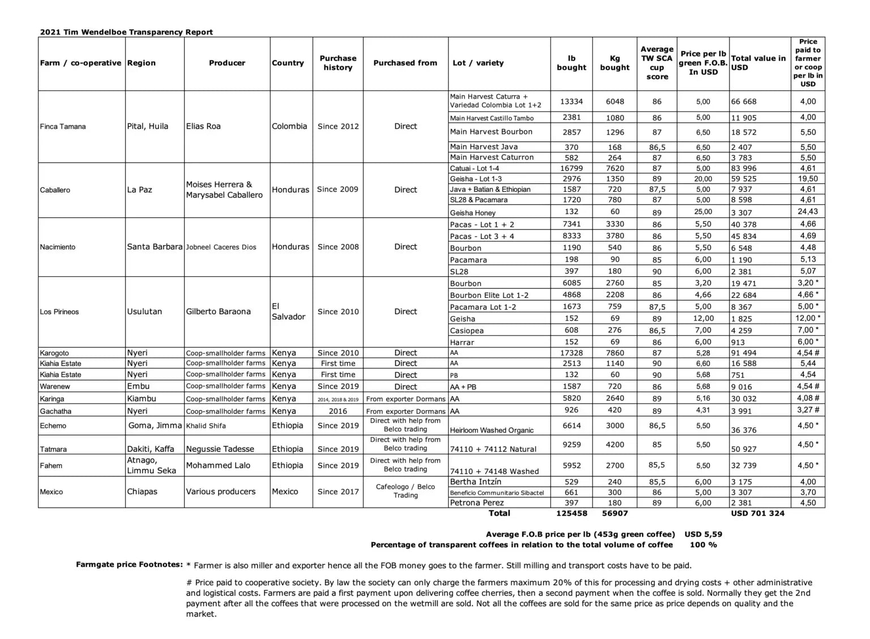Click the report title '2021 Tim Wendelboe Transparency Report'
pyautogui.click(x=126, y=32)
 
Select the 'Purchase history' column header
pyautogui.click(x=338, y=63)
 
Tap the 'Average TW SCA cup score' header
pyautogui.click(x=656, y=63)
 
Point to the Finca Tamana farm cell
pyautogui.click(x=63, y=127)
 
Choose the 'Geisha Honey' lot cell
pyautogui.click(x=473, y=213)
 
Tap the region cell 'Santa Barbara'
pyautogui.click(x=155, y=247)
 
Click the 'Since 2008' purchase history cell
pyautogui.click(x=338, y=247)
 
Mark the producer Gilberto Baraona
pyautogui.click(x=218, y=311)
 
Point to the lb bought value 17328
pyautogui.click(x=571, y=353)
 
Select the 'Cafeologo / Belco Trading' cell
pyautogui.click(x=406, y=491)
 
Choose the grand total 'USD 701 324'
pyautogui.click(x=757, y=513)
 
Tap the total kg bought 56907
pyautogui.click(x=615, y=513)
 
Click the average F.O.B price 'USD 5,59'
pyautogui.click(x=703, y=534)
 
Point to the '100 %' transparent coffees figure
pyautogui.click(x=703, y=545)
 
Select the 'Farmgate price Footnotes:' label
pyautogui.click(x=129, y=564)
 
